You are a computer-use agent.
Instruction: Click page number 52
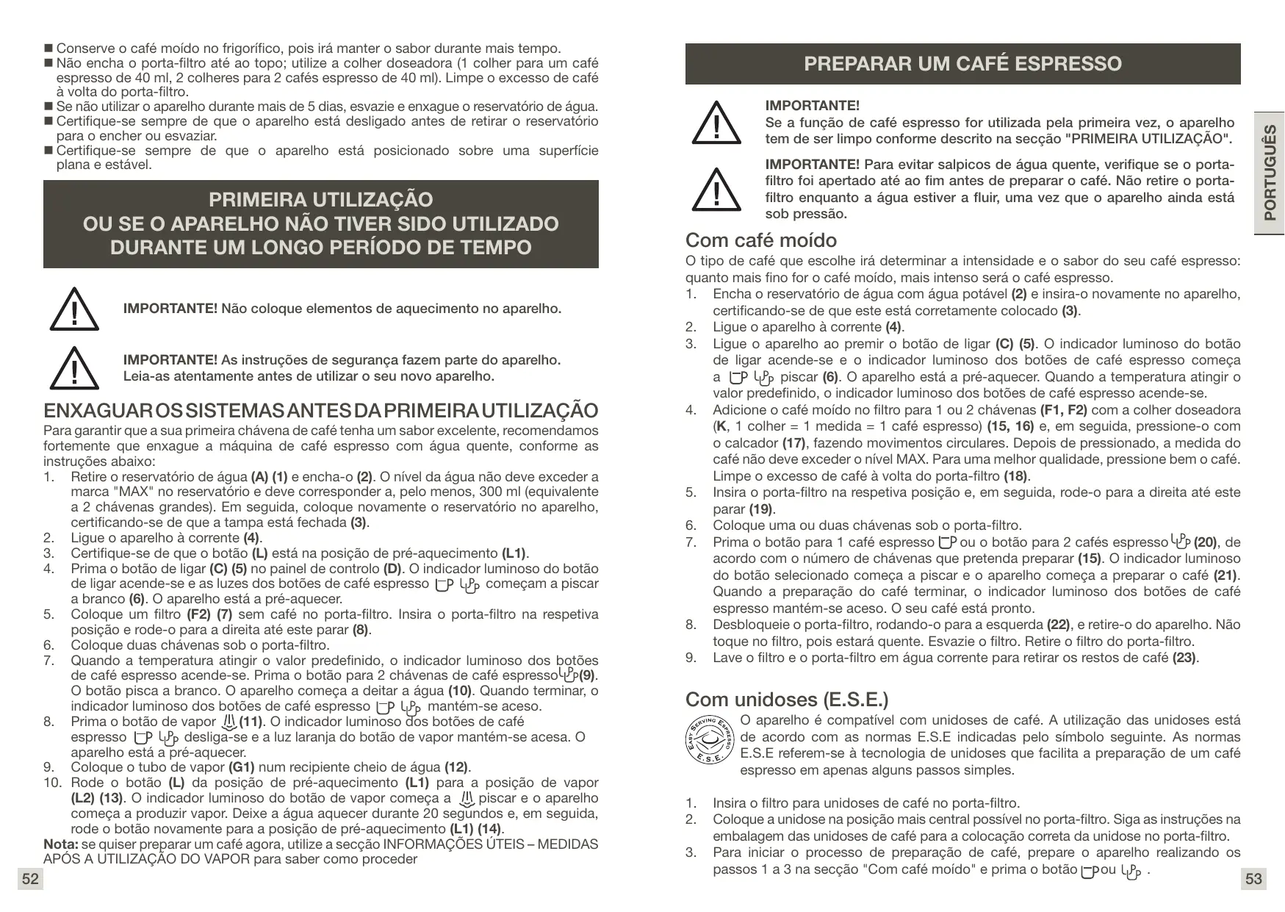[30, 879]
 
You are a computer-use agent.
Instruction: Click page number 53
[1253, 879]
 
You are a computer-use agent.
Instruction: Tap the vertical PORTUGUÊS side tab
[1269, 173]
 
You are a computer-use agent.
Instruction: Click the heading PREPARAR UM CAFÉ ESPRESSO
[962, 64]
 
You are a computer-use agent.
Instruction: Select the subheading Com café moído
[760, 240]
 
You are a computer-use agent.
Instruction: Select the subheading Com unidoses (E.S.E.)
[787, 698]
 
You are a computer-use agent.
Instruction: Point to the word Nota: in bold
[61, 844]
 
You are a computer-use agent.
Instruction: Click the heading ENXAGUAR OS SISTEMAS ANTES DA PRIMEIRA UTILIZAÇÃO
[321, 410]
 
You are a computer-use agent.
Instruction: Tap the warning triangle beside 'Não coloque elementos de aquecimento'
[73, 309]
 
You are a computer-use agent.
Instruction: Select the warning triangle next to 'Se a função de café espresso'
[716, 123]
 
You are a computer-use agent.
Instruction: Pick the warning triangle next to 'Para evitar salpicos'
[716, 189]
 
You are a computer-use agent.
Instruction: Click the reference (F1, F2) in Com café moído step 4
[1064, 410]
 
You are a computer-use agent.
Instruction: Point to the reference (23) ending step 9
[1185, 658]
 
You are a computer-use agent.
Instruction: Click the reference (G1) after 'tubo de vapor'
[242, 767]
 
